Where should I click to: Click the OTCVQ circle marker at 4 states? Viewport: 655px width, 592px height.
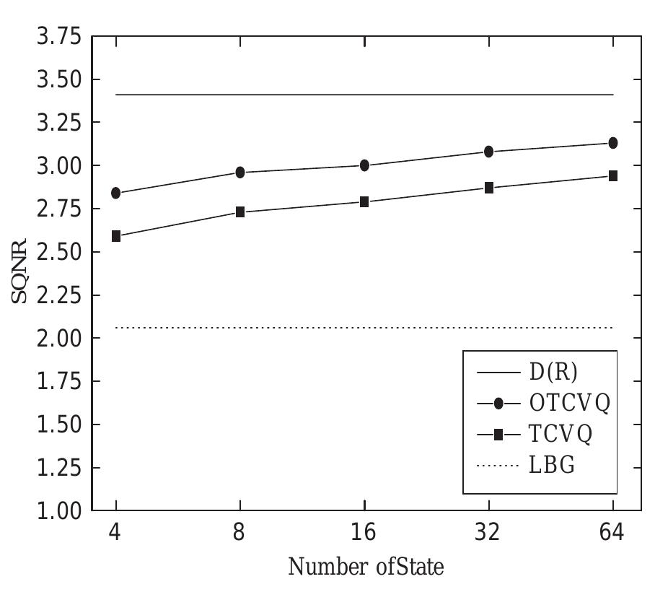pyautogui.click(x=116, y=193)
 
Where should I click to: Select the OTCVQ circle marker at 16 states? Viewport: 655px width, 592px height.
pyautogui.click(x=364, y=165)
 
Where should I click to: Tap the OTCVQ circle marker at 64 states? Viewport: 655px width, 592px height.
pyautogui.click(x=613, y=143)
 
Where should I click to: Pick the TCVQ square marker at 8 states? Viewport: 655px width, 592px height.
pyautogui.click(x=240, y=212)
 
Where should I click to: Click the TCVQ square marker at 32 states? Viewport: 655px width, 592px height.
pyautogui.click(x=489, y=188)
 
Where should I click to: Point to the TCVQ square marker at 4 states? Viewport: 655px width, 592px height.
pyautogui.click(x=116, y=236)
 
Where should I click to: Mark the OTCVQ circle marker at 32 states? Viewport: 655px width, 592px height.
pyautogui.click(x=489, y=152)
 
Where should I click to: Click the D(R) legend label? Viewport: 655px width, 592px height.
pyautogui.click(x=554, y=373)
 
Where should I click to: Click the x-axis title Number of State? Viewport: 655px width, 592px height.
pyautogui.click(x=366, y=566)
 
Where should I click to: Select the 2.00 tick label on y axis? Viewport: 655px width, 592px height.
pyautogui.click(x=59, y=339)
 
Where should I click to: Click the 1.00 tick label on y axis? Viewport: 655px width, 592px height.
pyautogui.click(x=59, y=511)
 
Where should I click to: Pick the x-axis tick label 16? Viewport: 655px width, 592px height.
pyautogui.click(x=364, y=533)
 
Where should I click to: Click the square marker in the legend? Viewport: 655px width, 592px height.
pyautogui.click(x=498, y=435)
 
